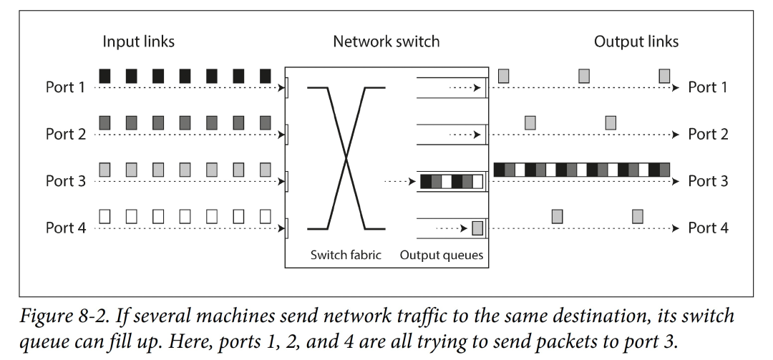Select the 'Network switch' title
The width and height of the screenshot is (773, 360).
coord(386,42)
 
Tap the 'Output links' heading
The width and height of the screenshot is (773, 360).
coord(636,42)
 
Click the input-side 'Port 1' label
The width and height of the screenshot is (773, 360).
coord(66,88)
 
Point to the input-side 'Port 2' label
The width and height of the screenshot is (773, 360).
coord(66,135)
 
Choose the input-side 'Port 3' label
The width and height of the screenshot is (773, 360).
coord(66,181)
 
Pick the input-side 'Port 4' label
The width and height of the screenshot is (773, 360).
coord(66,228)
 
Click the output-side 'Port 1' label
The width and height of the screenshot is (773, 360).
coord(708,88)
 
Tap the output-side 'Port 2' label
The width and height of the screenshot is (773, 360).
coord(708,135)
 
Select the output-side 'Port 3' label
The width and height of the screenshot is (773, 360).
coord(708,181)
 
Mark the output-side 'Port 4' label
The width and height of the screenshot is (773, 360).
coord(708,228)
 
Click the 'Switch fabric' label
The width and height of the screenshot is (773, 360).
coord(346,255)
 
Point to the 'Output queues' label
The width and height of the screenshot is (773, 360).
coord(442,255)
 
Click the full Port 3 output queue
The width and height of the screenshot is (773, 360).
coord(451,182)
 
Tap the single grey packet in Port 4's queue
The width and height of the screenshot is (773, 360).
coord(478,228)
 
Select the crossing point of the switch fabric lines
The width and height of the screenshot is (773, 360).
coord(347,158)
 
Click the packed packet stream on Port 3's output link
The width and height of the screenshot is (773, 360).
coord(582,170)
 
